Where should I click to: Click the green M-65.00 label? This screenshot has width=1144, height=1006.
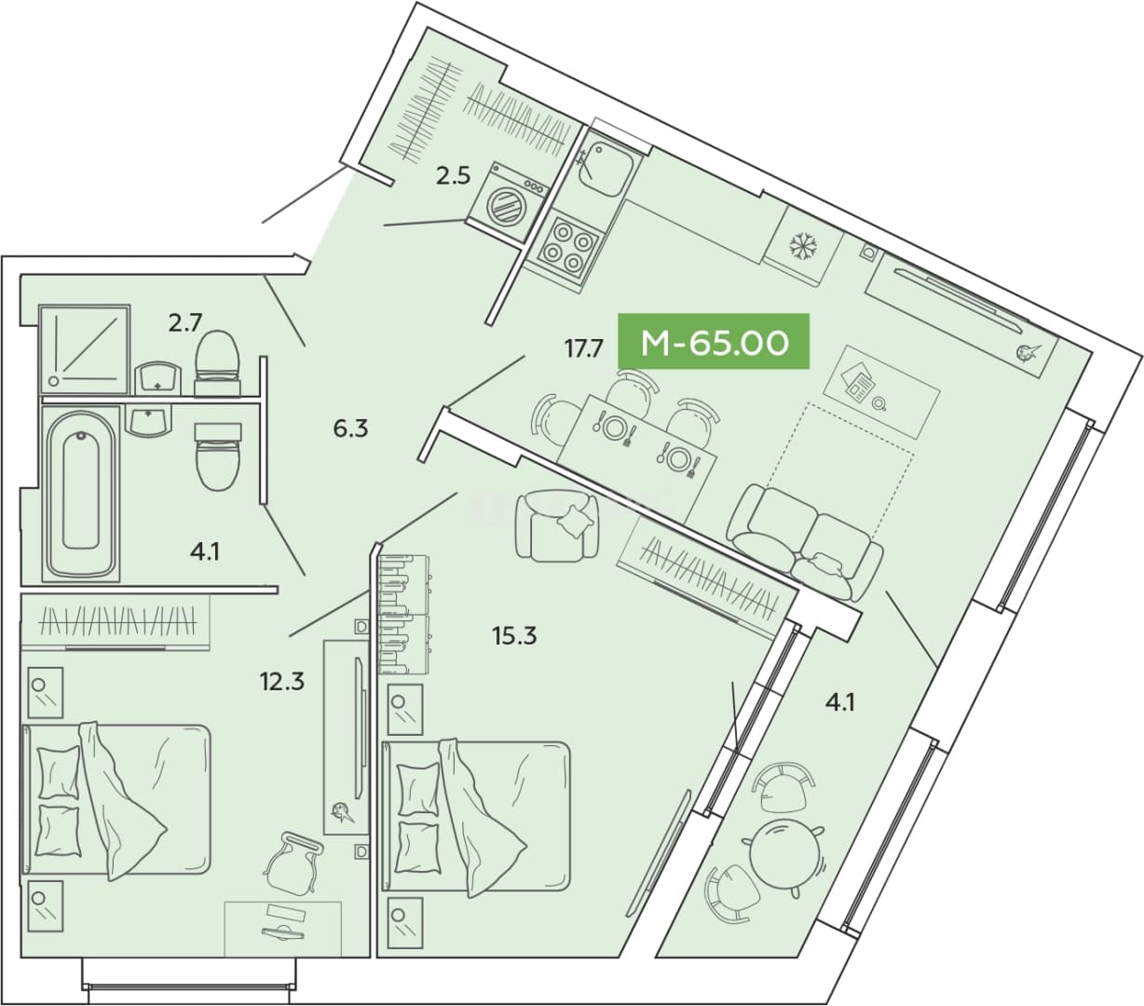point(714,342)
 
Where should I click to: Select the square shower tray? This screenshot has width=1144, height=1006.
point(86,348)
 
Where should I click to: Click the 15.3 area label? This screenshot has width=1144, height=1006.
point(514,636)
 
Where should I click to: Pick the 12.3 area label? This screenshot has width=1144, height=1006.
point(281,682)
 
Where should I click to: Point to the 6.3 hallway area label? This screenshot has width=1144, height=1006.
point(350,429)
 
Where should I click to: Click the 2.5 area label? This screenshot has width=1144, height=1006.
point(453,177)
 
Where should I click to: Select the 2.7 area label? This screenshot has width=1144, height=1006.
point(184,323)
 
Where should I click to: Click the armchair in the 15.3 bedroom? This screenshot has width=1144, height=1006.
point(557,525)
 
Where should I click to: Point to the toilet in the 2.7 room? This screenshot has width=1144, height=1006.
point(217,362)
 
